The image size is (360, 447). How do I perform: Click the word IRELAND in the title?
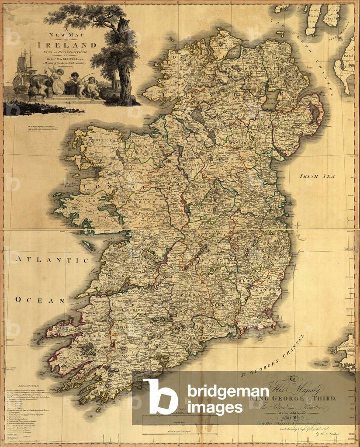pyautogui.click(x=67, y=45)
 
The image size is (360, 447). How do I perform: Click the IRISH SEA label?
pyautogui.click(x=323, y=176)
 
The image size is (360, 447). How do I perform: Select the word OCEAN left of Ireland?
pyautogui.click(x=40, y=300)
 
